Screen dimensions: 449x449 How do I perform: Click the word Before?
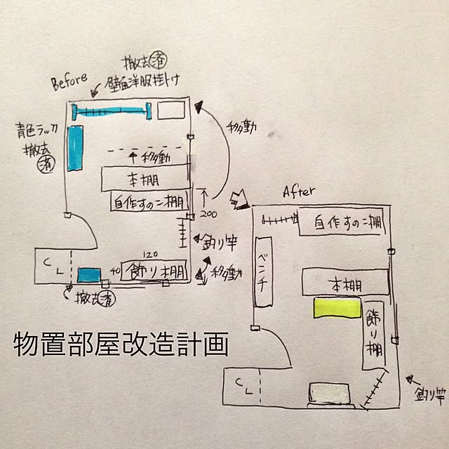click(x=69, y=83)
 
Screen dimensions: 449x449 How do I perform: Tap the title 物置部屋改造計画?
click(x=121, y=345)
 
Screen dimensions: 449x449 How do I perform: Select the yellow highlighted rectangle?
click(x=335, y=307)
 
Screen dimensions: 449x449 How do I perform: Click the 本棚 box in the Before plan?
click(x=145, y=177)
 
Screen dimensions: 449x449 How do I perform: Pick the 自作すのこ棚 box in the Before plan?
click(x=149, y=203)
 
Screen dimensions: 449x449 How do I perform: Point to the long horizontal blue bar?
click(x=113, y=111)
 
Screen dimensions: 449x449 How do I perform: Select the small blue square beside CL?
click(x=89, y=274)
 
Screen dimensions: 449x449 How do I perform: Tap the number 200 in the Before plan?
click(x=205, y=212)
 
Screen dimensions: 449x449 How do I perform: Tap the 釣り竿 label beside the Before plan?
click(x=220, y=242)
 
